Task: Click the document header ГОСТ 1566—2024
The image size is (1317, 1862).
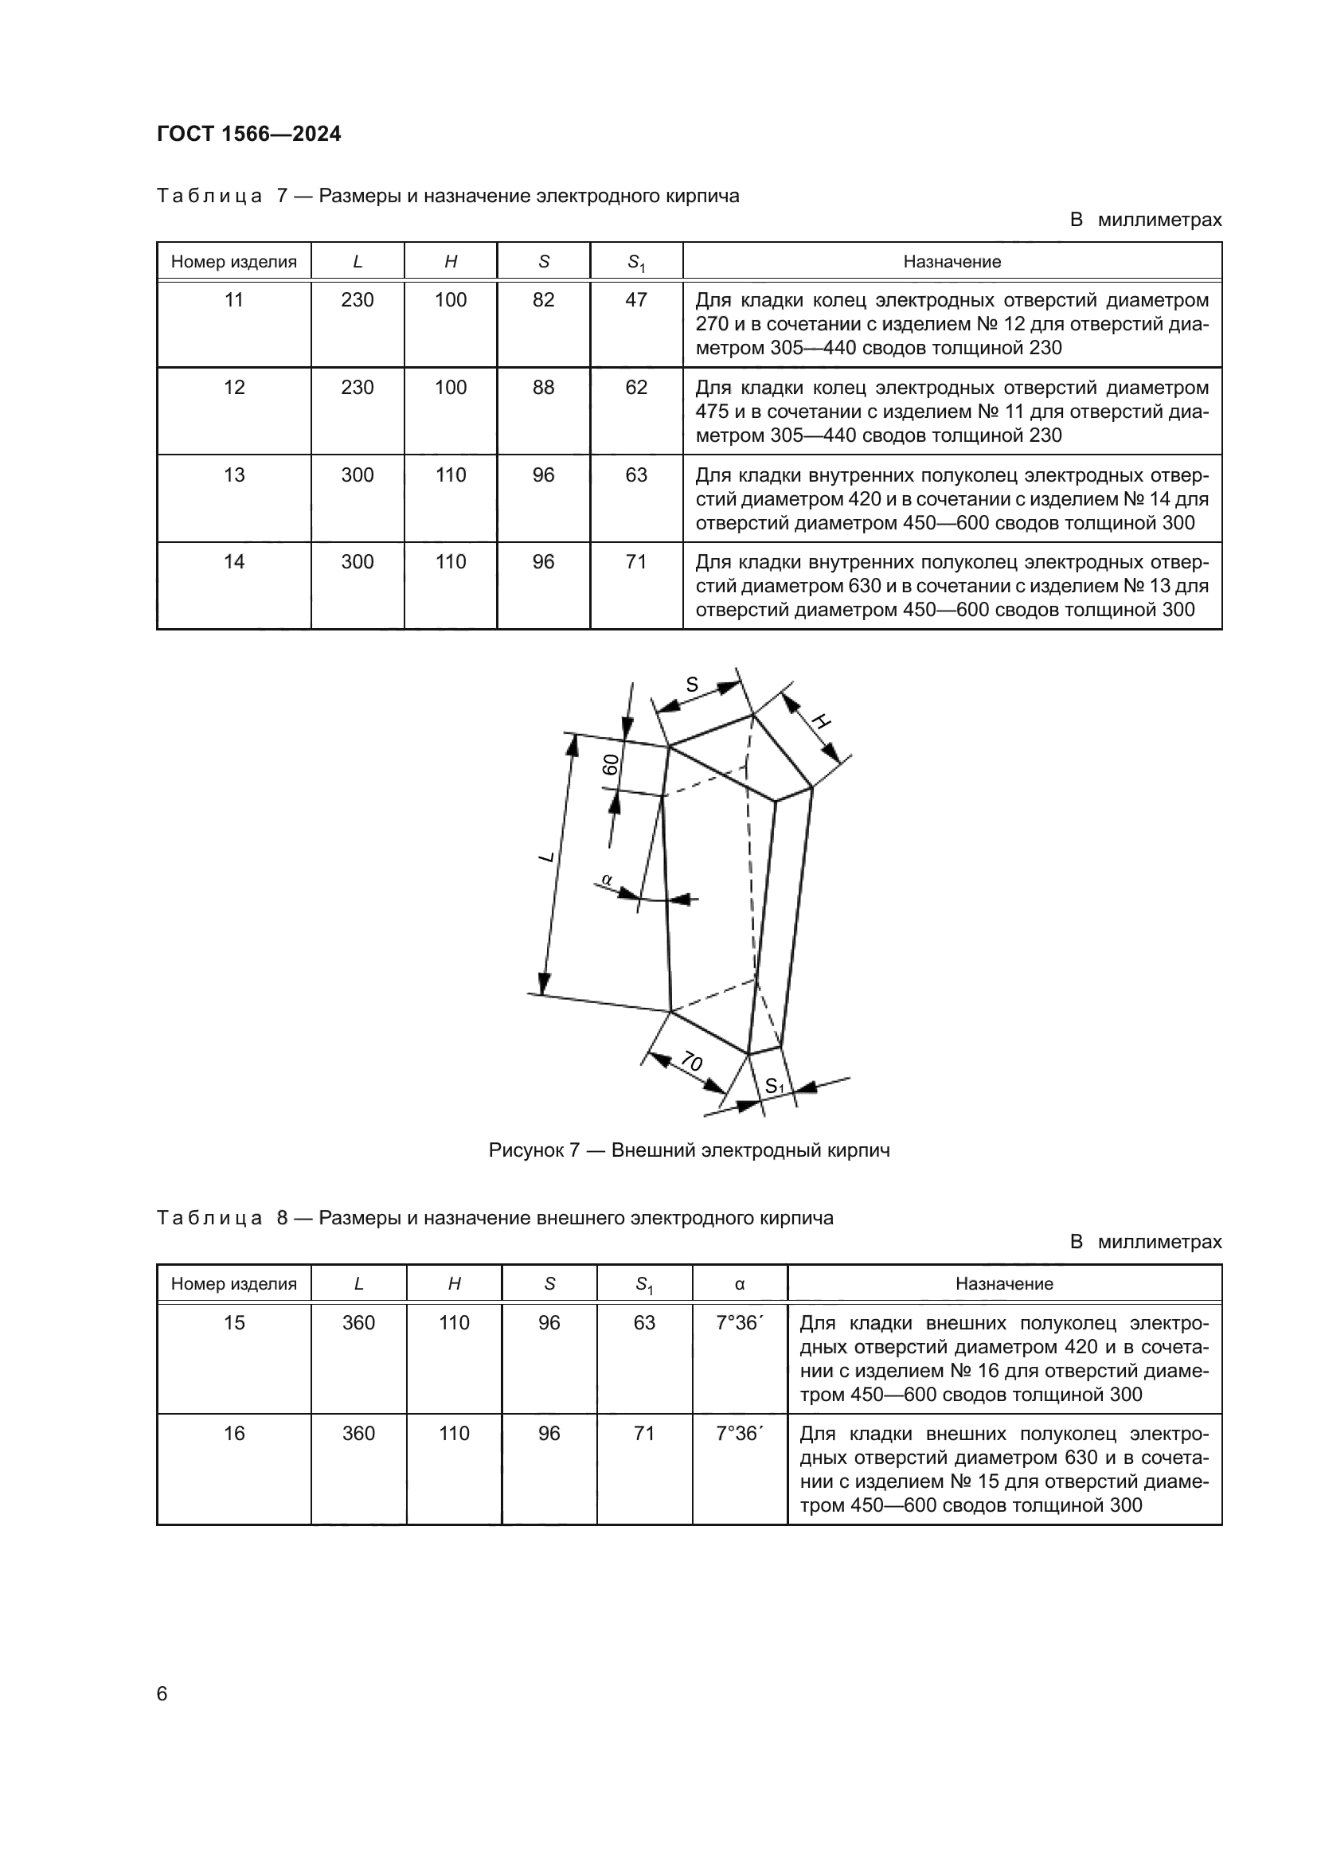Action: (249, 134)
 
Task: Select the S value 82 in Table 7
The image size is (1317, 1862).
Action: (543, 300)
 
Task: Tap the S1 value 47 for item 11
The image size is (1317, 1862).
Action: (635, 300)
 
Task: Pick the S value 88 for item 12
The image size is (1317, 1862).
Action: (543, 388)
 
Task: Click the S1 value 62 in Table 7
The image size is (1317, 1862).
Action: (635, 388)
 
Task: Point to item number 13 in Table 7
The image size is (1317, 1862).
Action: (233, 475)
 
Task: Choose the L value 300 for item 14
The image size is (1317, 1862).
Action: (357, 562)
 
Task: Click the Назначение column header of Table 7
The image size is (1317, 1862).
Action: (952, 262)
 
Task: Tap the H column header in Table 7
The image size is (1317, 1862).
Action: (451, 262)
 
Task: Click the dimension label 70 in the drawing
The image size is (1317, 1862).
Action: (691, 1060)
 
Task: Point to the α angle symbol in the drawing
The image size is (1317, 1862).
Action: (606, 878)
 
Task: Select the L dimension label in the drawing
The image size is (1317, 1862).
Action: (546, 857)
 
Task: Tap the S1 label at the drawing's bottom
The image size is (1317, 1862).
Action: (775, 1086)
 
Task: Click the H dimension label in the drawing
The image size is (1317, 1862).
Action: (822, 721)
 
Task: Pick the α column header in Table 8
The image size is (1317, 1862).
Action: (740, 1284)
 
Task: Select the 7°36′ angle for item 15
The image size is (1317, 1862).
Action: (739, 1323)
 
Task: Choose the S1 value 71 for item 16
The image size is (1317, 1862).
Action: (644, 1433)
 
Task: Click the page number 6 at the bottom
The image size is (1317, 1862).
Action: (162, 1693)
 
